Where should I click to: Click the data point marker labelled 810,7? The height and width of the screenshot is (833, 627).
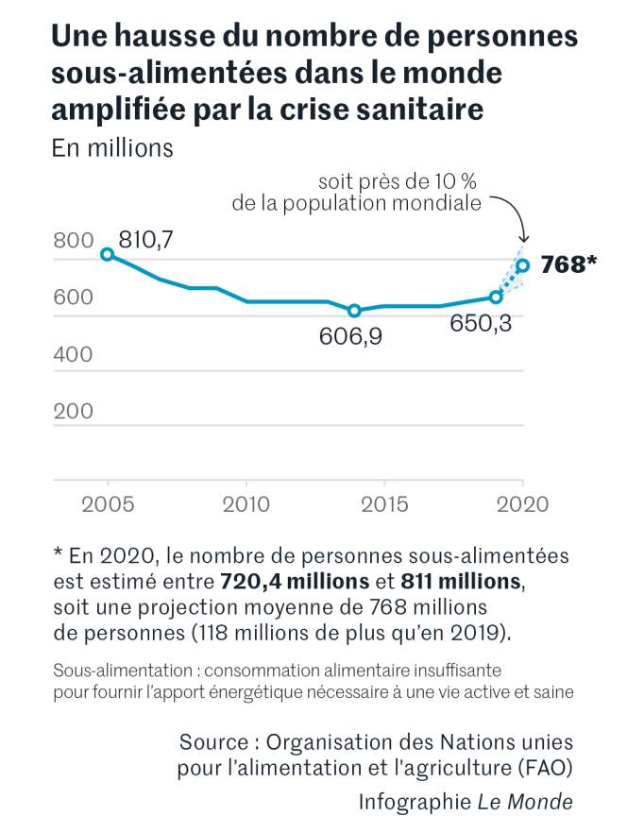tap(108, 254)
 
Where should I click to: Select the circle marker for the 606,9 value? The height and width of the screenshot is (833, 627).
tap(355, 311)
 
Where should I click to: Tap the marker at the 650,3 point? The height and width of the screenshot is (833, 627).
tap(495, 297)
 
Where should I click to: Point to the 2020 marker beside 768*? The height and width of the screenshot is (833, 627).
tap(522, 265)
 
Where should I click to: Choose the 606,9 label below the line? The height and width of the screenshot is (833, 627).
tap(350, 336)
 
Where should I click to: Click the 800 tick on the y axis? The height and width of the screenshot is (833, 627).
tap(73, 241)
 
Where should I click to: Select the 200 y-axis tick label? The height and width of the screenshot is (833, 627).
tap(73, 411)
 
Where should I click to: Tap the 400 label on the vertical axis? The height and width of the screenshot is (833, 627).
tap(73, 354)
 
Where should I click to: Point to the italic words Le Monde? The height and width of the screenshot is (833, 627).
tap(525, 802)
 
